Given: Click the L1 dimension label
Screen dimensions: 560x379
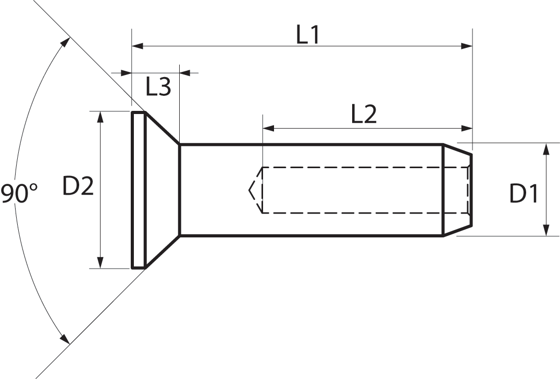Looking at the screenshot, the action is coord(307,35).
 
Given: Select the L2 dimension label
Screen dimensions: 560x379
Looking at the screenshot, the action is coord(364,115).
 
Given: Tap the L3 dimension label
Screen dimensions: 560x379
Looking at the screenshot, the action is coord(158,87).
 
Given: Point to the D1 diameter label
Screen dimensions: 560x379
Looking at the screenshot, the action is coord(524,194).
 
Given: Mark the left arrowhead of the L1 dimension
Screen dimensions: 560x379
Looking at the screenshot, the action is coord(138,46).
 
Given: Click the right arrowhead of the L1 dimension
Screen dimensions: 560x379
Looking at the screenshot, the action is coord(467,46).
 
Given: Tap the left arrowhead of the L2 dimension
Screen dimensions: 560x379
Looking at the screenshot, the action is coord(268,128).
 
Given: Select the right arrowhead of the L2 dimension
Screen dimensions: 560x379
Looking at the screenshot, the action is coord(467,128).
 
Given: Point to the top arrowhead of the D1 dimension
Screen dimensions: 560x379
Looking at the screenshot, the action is coord(546,149).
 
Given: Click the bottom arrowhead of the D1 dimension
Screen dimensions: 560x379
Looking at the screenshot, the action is coord(546,230).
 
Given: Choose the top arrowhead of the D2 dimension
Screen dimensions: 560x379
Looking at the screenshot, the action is coord(101,117).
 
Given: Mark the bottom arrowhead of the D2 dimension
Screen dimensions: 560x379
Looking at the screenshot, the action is coord(101,262).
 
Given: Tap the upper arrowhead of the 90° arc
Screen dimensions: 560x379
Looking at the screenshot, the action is coord(65,43).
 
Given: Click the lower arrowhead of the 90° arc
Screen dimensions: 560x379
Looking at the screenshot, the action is coord(65,339).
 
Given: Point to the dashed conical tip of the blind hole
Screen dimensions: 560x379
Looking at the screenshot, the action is coord(256,190).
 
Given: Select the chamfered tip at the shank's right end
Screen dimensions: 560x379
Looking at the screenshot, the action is coord(457,190).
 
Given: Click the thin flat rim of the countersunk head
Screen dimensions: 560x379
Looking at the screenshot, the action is coord(139,190).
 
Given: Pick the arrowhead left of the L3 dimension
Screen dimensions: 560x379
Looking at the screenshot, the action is coord(126,73).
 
